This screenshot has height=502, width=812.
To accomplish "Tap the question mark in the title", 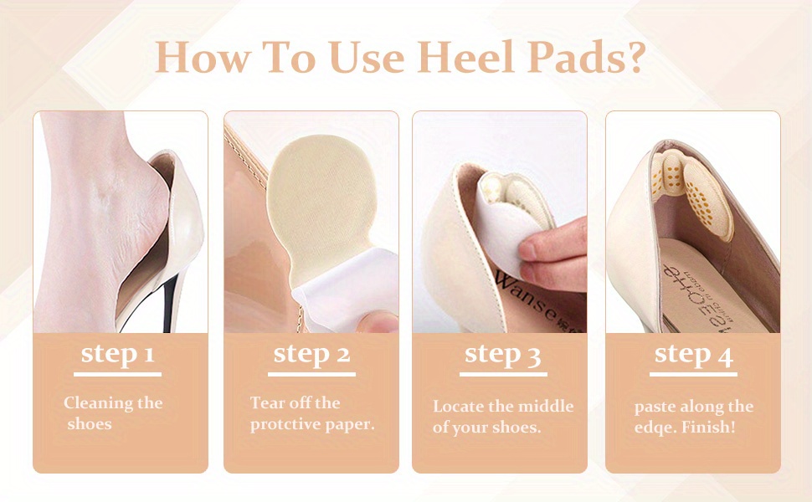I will pyautogui.click(x=634, y=56).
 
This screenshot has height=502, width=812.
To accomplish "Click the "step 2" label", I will pyautogui.click(x=311, y=353).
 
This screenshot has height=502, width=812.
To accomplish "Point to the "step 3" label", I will pyautogui.click(x=502, y=353).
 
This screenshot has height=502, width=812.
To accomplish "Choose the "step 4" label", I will pyautogui.click(x=693, y=355).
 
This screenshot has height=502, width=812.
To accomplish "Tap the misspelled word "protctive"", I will pyautogui.click(x=286, y=424).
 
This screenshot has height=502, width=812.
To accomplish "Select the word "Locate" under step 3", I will pyautogui.click(x=459, y=407).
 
